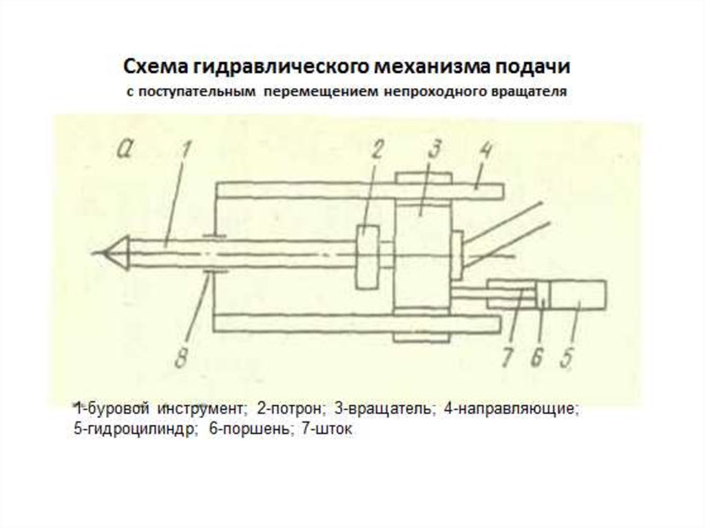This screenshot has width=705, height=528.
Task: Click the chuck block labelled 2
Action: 368,256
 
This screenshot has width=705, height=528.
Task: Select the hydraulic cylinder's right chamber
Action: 578,295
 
